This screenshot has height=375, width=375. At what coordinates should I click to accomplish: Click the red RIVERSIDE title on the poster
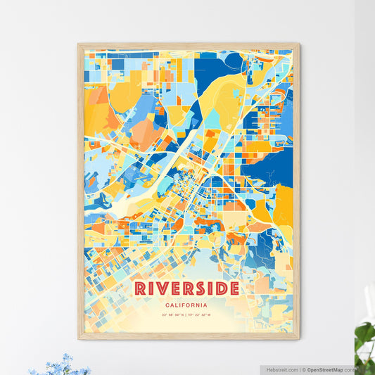[186, 288]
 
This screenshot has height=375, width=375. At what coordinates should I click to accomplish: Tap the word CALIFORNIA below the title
[187, 305]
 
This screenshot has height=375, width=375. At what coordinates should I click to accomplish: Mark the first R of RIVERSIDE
[141, 288]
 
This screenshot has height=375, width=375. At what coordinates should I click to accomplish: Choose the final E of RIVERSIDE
[233, 288]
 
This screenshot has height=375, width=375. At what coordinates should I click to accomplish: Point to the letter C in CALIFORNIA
[168, 305]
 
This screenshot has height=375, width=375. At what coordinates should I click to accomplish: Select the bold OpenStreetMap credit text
[324, 369]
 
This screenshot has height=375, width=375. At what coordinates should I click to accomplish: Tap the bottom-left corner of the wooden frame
[79, 339]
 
